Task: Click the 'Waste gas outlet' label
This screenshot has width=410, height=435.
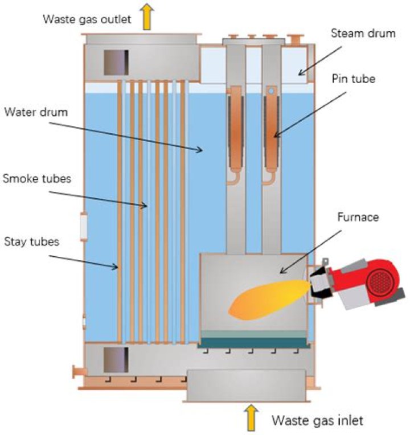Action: point(87,19)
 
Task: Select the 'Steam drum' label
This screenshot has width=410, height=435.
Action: point(363,34)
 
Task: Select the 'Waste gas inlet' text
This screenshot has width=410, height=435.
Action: point(317,421)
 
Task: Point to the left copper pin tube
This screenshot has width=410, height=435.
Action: point(235,131)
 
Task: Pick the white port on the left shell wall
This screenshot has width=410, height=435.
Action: point(84,226)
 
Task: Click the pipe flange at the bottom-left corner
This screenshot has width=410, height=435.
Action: point(75,373)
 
